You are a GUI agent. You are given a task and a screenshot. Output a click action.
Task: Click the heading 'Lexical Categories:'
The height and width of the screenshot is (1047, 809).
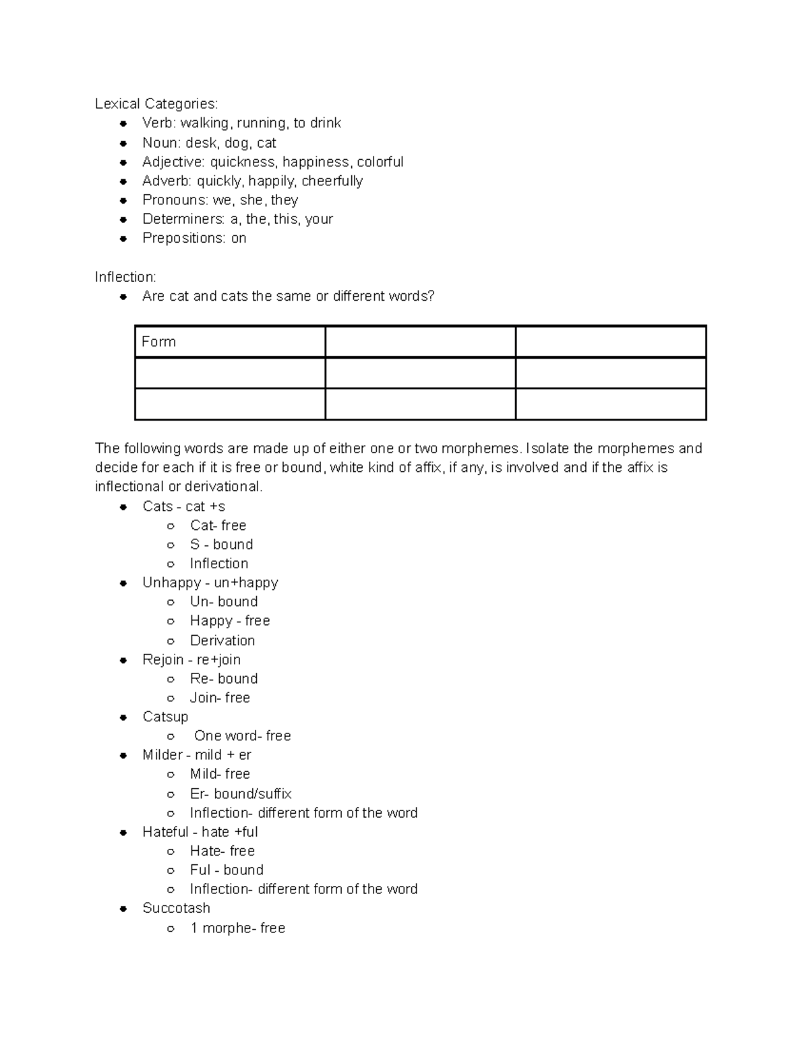pos(156,104)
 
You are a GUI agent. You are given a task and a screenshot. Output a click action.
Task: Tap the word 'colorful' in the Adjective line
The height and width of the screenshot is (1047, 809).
pos(380,162)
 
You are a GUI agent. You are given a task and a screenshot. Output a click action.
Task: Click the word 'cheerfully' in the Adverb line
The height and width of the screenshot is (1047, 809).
pos(332,181)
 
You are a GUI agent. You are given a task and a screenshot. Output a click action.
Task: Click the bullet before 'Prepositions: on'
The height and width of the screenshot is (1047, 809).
pos(123,239)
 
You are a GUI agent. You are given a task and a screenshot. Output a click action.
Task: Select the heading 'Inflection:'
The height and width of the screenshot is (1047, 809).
pos(125,277)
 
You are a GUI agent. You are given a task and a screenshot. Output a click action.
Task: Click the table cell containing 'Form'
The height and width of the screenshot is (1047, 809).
pos(229,342)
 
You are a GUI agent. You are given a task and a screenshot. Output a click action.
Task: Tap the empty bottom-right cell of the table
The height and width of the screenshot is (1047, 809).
pos(610,404)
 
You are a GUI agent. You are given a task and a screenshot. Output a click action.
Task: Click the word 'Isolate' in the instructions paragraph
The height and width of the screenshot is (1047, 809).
pos(547,448)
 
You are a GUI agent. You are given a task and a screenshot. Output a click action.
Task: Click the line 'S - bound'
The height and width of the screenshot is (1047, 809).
pos(221,545)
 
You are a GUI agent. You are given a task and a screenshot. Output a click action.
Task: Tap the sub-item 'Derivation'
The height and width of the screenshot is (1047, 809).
pos(222,640)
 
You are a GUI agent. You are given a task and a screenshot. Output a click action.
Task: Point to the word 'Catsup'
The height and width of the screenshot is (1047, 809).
pos(165,717)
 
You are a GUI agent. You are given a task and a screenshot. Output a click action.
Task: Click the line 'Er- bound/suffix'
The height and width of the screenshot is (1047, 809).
pos(241,794)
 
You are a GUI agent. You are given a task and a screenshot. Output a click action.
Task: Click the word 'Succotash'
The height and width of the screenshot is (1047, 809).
pos(176,908)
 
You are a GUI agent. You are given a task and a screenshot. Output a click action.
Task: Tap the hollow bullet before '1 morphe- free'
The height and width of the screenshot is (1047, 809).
pos(171,928)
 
